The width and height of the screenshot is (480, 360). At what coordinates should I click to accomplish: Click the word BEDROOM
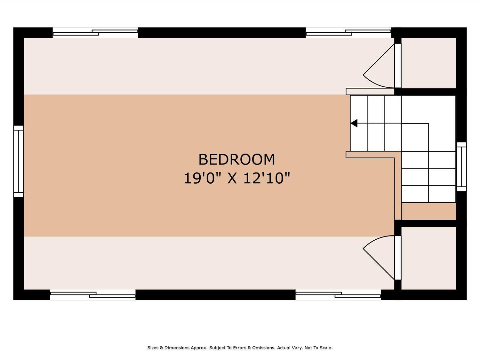point(236,159)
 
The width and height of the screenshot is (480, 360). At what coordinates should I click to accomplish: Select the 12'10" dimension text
point(267,178)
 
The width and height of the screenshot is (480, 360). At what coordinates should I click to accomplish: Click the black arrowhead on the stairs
point(354,123)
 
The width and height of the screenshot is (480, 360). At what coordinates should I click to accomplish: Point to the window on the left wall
point(19,161)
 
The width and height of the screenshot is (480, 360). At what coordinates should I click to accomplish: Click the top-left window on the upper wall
point(95,33)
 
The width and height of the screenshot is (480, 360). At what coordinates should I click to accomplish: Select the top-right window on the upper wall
point(348,33)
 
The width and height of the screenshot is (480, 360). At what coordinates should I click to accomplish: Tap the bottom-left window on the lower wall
point(93,295)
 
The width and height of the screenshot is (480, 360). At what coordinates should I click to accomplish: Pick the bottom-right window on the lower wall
point(338,295)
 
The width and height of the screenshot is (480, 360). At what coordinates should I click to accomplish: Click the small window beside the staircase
point(461,167)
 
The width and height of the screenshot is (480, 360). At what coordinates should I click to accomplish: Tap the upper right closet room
point(428,63)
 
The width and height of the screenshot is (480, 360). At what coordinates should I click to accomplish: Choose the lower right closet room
point(428,258)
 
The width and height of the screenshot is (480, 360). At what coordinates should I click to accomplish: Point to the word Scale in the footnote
point(326,348)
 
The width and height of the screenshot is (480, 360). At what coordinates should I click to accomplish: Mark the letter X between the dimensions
point(232,178)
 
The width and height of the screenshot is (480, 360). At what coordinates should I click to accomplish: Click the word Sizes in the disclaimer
point(153,348)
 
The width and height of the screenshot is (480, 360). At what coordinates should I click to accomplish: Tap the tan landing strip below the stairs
point(428,212)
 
